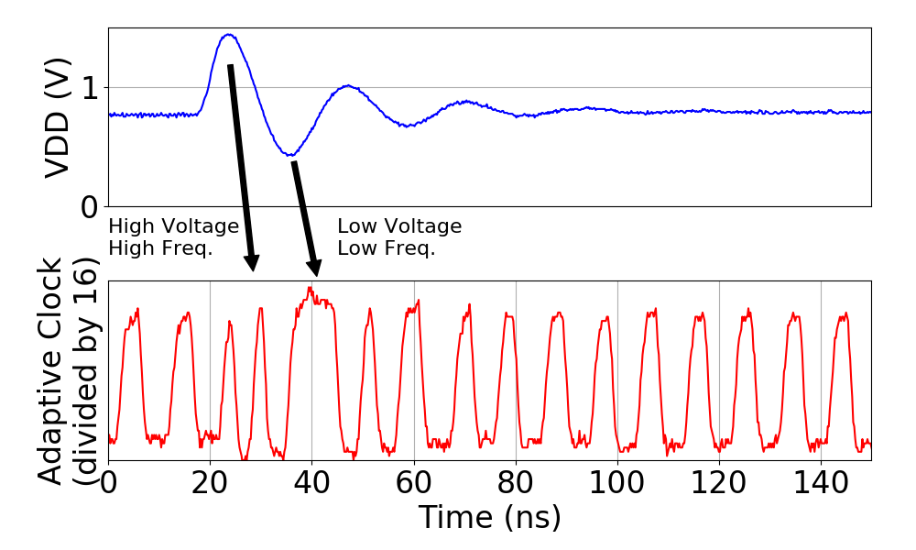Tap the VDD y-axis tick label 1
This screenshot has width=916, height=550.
pyautogui.click(x=91, y=89)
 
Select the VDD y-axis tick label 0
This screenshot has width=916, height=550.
pyautogui.click(x=91, y=207)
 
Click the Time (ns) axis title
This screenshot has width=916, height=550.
pyautogui.click(x=489, y=518)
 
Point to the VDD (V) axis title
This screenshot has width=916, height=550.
pyautogui.click(x=60, y=117)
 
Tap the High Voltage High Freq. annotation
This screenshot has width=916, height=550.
pyautogui.click(x=173, y=236)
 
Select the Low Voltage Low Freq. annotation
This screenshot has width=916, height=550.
pyautogui.click(x=399, y=236)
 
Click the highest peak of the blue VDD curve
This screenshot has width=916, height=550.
pyautogui.click(x=228, y=35)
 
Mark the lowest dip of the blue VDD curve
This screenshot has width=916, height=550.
pyautogui.click(x=289, y=154)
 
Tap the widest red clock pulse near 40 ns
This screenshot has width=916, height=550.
pyautogui.click(x=313, y=367)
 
